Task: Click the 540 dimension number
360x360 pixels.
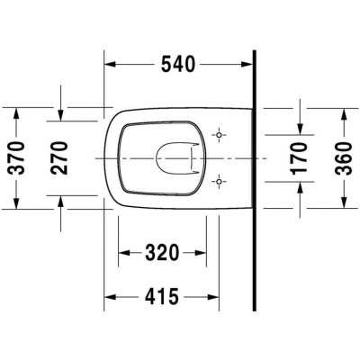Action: [x=178, y=65]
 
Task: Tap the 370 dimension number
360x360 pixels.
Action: [x=16, y=157]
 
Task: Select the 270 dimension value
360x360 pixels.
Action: [x=59, y=157]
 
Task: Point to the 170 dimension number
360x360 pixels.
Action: [x=300, y=158]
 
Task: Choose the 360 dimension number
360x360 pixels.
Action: [x=343, y=158]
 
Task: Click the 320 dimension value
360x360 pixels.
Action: [x=162, y=253]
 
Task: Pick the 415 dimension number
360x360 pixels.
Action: [x=162, y=297]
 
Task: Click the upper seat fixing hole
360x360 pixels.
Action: [x=219, y=135]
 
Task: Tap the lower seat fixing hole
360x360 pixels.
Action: [x=219, y=182]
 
